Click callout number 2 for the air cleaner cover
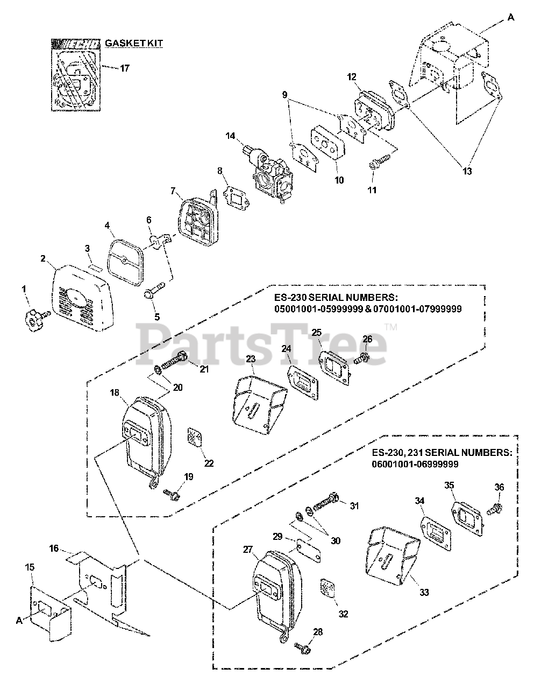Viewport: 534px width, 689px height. pos(42,258)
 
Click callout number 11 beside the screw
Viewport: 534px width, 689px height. pos(372,190)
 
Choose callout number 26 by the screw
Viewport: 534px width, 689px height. pos(367,339)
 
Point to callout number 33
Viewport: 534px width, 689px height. pos(424,593)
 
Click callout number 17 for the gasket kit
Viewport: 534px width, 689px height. pos(124,68)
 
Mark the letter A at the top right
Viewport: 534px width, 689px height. pos(510,18)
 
